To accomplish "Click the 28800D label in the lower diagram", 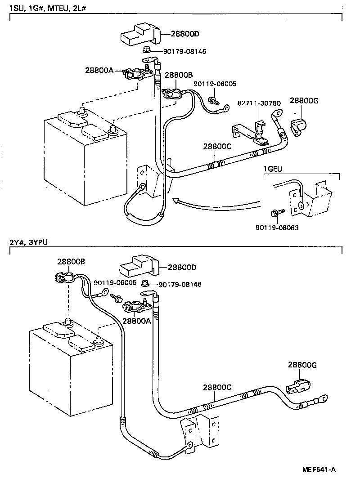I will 182,267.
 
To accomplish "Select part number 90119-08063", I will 277,228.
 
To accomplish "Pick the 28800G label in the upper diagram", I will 304,101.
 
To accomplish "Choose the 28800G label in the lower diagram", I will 303,365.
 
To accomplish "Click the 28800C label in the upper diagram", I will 218,147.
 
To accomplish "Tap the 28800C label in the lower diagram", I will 217,387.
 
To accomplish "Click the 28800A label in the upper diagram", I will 100,70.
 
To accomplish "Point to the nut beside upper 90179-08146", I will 147,50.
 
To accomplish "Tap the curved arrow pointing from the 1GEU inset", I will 211,203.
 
